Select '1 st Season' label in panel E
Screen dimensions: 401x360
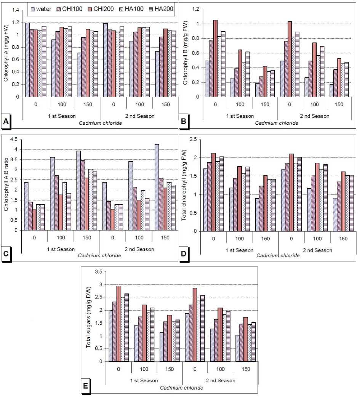click(144, 380)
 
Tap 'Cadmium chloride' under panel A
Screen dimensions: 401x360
click(101, 123)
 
